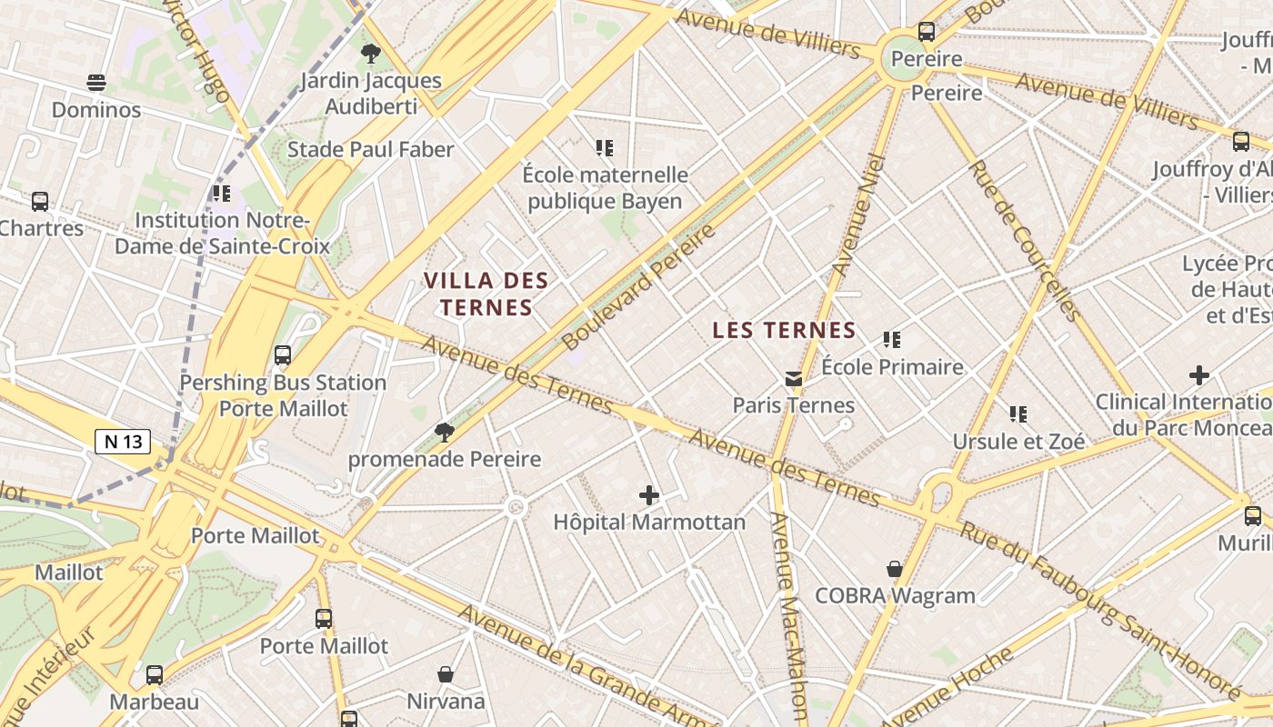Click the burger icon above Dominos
(96, 83)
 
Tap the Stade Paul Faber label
(370, 149)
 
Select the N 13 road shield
(123, 442)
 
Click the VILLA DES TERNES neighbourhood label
(486, 294)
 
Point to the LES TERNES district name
(784, 330)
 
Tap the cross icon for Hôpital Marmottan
(648, 495)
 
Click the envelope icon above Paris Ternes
(794, 378)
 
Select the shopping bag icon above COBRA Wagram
(895, 569)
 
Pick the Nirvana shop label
(446, 701)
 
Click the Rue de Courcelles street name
(1024, 240)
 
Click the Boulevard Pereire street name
(638, 287)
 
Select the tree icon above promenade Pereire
(445, 432)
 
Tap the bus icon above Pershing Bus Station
(283, 355)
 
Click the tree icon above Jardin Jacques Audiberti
(370, 54)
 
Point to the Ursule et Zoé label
(1018, 442)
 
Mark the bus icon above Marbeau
(155, 675)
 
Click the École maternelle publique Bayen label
(605, 187)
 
